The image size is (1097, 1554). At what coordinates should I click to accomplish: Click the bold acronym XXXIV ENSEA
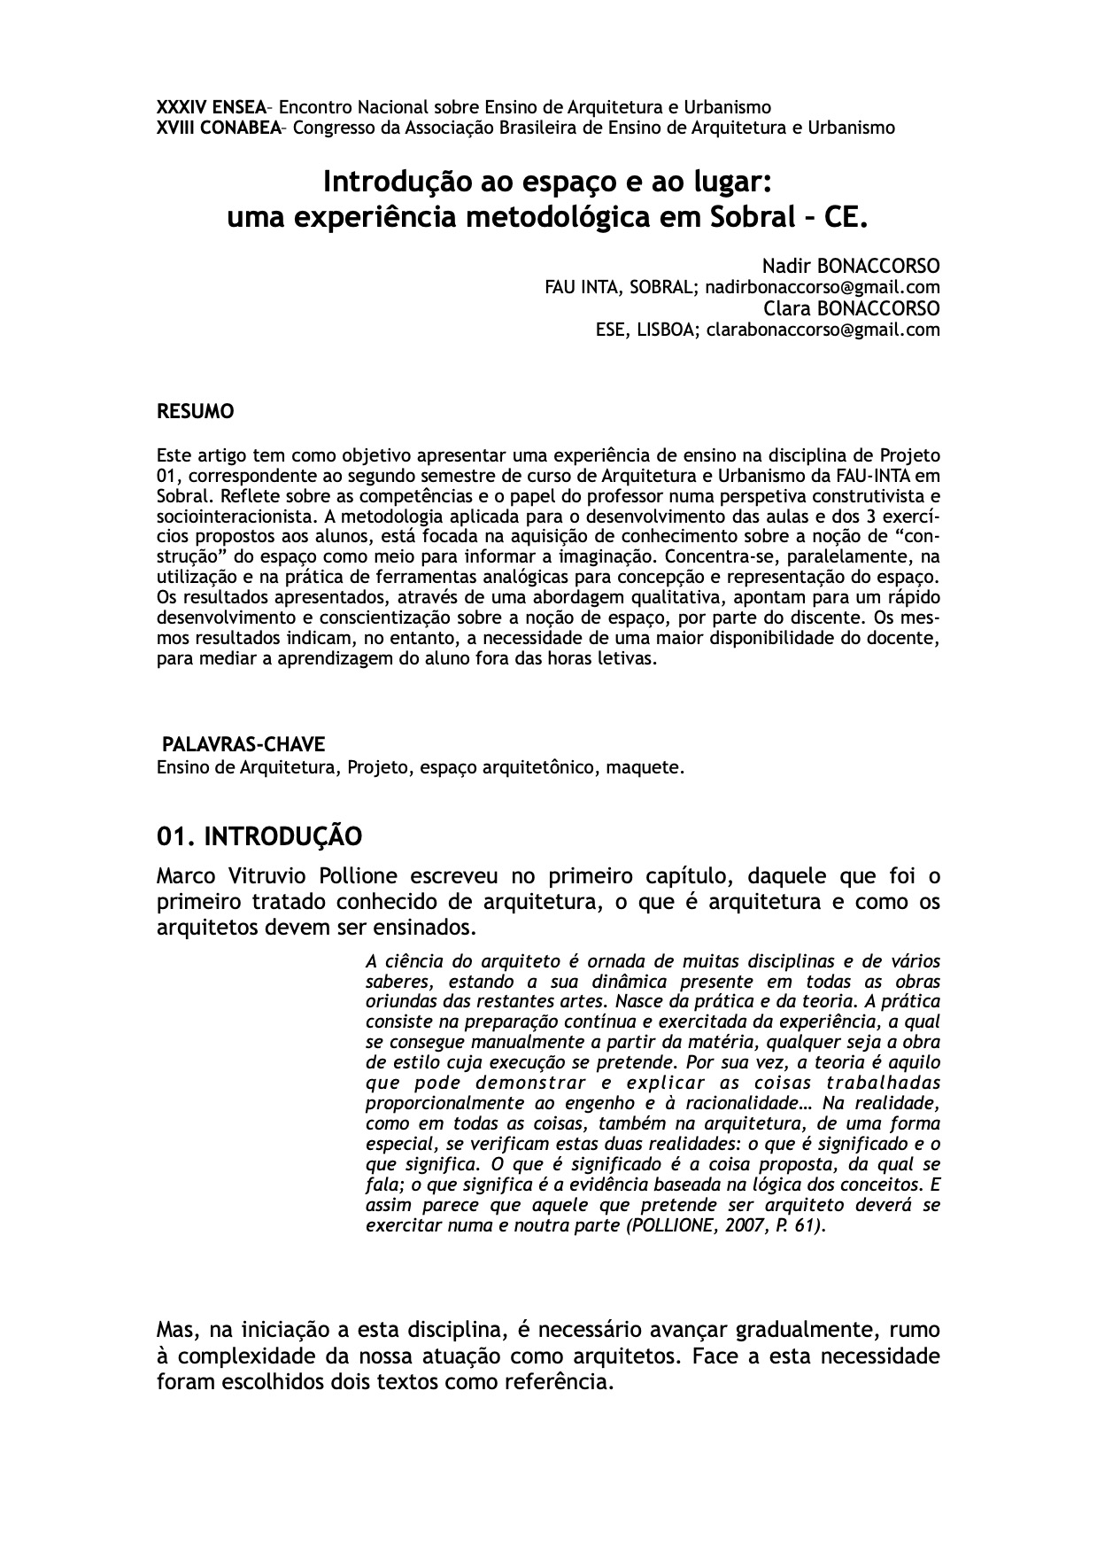click(x=211, y=108)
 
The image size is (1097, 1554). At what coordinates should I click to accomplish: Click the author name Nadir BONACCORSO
click(x=850, y=266)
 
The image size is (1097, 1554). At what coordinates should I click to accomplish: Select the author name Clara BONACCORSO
click(x=851, y=308)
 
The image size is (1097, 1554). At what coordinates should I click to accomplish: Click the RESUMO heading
click(x=195, y=412)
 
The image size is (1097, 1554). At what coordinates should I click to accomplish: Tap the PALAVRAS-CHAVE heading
click(x=243, y=744)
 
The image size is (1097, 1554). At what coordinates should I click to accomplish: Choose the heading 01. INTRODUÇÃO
click(x=259, y=835)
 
